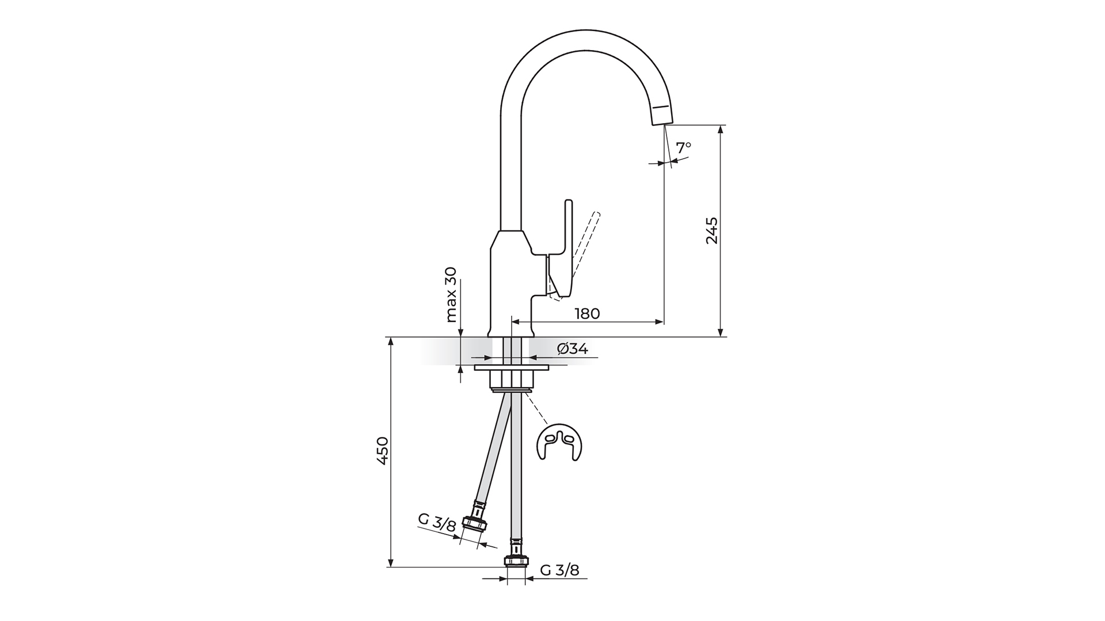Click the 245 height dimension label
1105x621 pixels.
click(712, 230)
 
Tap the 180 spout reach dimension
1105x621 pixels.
click(587, 313)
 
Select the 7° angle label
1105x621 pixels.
click(683, 148)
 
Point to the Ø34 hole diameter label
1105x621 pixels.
click(573, 348)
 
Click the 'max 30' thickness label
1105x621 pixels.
click(451, 294)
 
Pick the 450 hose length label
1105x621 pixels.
click(383, 451)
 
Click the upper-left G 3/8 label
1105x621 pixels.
click(437, 522)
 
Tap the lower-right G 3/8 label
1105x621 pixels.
click(560, 569)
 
